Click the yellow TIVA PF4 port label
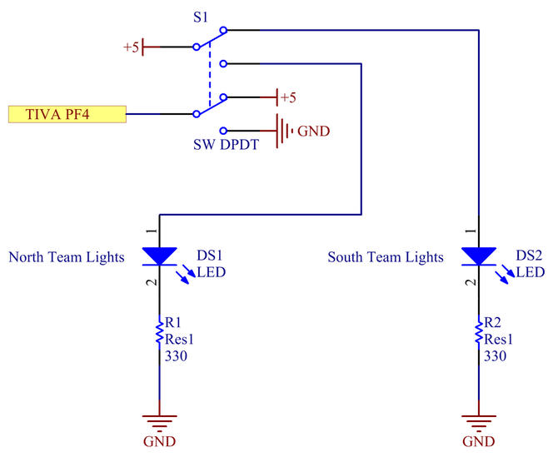click(x=67, y=114)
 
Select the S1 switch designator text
click(x=201, y=17)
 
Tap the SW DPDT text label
click(x=226, y=145)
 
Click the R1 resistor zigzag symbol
click(x=159, y=332)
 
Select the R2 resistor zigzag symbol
click(x=479, y=332)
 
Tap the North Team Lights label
click(x=67, y=257)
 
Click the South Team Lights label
click(x=386, y=257)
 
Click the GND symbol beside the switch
click(x=285, y=131)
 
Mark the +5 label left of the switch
click(x=132, y=47)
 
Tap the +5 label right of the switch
click(x=288, y=97)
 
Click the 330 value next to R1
click(x=176, y=356)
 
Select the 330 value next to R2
click(x=496, y=356)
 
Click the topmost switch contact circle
click(x=223, y=30)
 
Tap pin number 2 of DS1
click(x=152, y=282)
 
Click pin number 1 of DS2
click(x=471, y=231)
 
